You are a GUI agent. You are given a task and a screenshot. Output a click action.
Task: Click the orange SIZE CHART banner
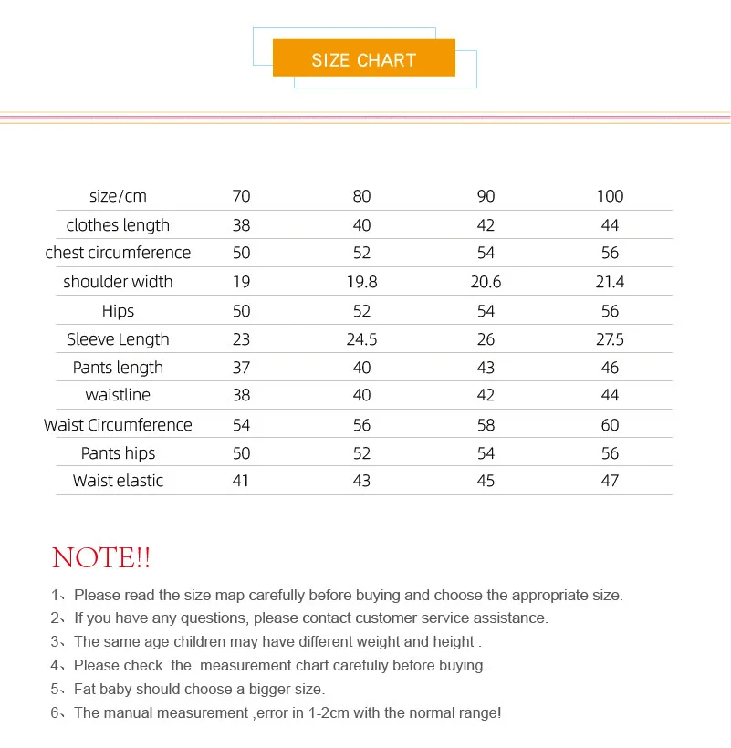[x=363, y=59]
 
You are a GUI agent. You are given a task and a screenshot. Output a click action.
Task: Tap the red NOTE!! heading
[x=101, y=557]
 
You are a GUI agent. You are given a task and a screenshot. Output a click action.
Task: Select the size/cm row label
[x=118, y=196]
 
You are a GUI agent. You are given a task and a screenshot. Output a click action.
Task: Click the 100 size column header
[x=610, y=196]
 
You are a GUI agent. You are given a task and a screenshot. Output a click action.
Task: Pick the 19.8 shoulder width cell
[x=361, y=282]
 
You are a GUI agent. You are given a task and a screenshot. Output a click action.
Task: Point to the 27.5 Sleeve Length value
[x=610, y=339]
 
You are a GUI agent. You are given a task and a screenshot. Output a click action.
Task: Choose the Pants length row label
[x=118, y=368]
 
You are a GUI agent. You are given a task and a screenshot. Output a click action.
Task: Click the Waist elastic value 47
[x=610, y=481]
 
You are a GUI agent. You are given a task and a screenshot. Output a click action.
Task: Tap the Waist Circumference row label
[x=118, y=425]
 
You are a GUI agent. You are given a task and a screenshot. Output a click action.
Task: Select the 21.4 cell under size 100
[x=610, y=282]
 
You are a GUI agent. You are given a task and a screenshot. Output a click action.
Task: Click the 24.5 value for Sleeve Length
[x=361, y=339]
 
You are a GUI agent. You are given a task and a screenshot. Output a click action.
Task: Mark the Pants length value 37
[x=241, y=368]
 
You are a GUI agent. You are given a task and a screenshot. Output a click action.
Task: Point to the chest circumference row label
[x=118, y=253]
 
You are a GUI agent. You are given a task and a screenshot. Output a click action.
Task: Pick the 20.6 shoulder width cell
[x=486, y=282]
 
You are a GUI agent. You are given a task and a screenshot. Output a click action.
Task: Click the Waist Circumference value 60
[x=610, y=425]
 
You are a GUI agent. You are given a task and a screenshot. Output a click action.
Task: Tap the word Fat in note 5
[x=86, y=690]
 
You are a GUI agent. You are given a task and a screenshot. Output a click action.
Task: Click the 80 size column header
[x=361, y=196]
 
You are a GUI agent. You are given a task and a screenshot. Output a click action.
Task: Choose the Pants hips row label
[x=118, y=453]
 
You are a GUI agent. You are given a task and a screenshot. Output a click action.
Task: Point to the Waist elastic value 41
[x=241, y=481]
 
